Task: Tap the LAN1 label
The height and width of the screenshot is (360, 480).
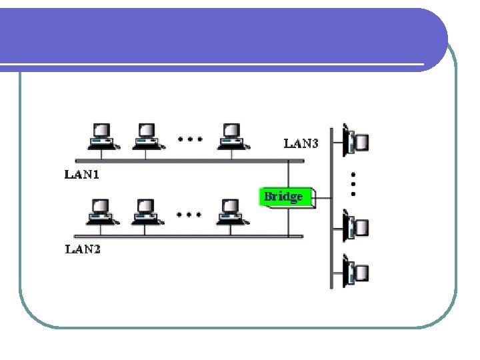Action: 82,175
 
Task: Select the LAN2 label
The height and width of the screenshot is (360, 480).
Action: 82,250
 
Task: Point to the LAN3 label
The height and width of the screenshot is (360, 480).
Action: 301,143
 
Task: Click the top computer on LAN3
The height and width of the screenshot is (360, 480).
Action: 355,139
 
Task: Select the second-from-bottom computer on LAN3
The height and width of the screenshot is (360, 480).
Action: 355,226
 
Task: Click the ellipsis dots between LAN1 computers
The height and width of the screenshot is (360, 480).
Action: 189,140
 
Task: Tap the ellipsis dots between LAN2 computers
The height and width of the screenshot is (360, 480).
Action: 189,215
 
